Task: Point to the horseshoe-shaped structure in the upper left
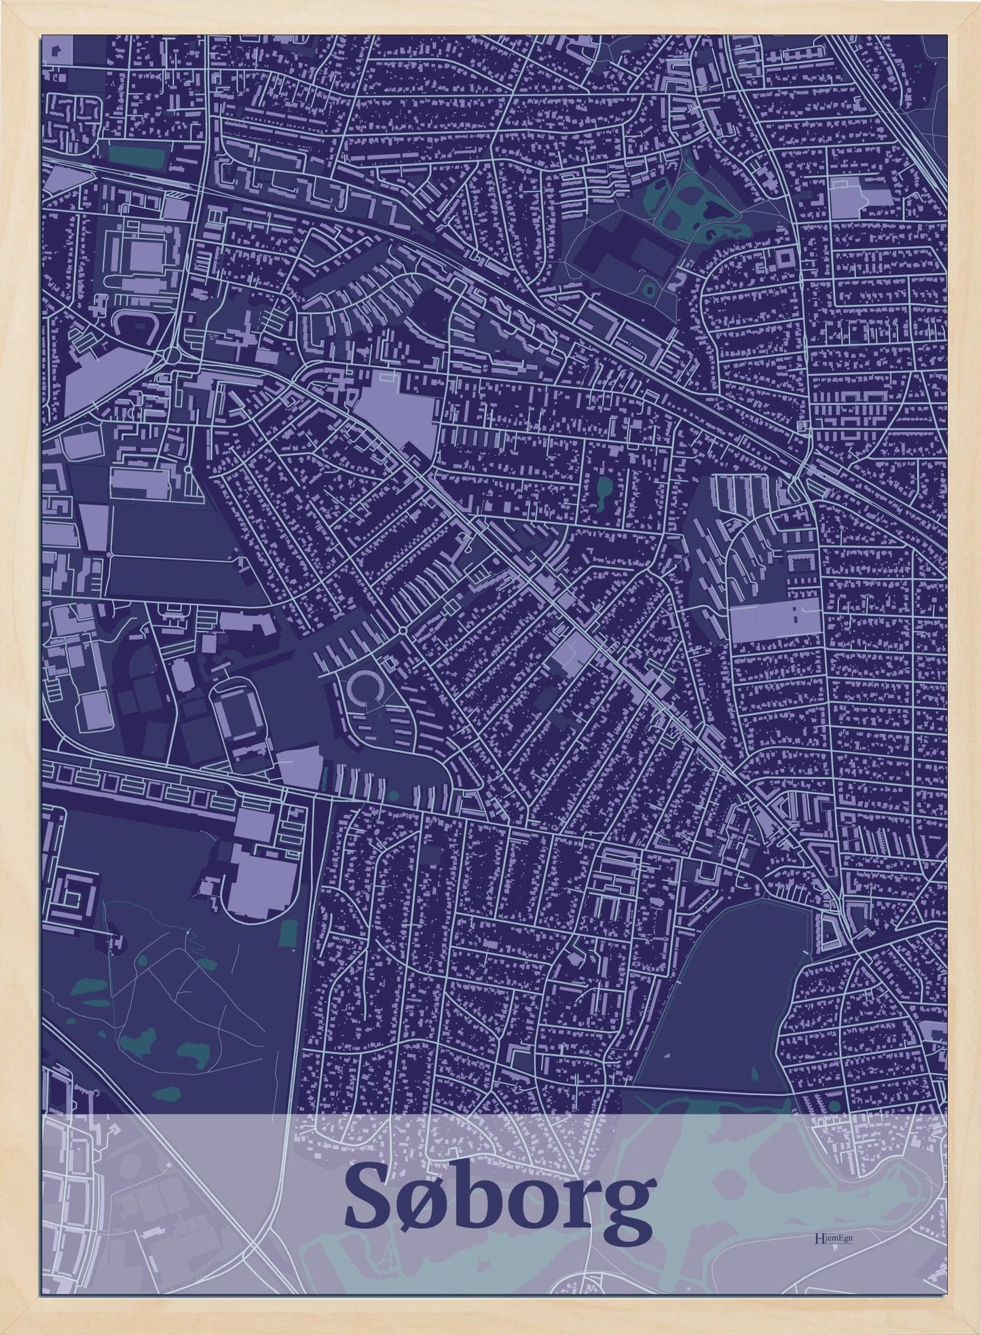tap(134, 325)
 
